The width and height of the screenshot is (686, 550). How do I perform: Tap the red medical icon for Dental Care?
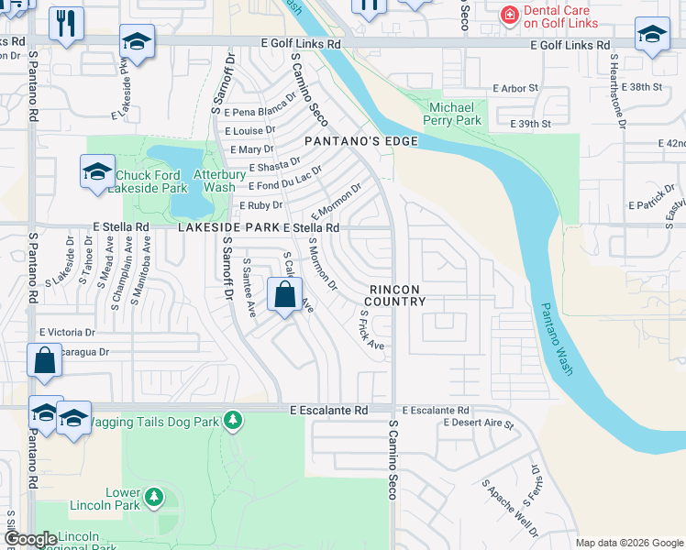click(x=507, y=16)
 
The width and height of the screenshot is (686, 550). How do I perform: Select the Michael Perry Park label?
click(x=456, y=114)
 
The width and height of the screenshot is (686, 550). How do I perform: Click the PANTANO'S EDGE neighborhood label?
click(x=361, y=141)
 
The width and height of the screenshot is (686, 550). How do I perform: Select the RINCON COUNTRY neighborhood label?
click(x=397, y=295)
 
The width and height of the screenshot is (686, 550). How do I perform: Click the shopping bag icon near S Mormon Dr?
click(x=284, y=295)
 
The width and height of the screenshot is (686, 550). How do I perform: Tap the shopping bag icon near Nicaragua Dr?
click(x=44, y=359)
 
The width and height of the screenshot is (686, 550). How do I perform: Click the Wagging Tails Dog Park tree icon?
click(x=233, y=420)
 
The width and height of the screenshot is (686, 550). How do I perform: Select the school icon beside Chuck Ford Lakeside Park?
click(x=97, y=171)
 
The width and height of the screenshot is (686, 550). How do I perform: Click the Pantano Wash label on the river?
click(x=556, y=338)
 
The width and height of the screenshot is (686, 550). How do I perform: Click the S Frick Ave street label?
click(x=371, y=329)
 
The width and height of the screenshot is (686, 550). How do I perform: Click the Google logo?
click(x=31, y=539)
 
